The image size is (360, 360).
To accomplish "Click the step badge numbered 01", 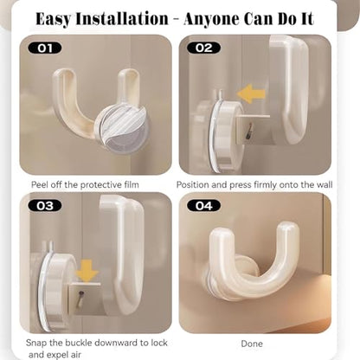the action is [x=45, y=48].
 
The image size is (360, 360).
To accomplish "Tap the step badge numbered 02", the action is [x=203, y=48].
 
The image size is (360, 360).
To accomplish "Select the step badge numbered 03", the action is [x=45, y=206].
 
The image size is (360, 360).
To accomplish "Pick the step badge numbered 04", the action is [x=203, y=206].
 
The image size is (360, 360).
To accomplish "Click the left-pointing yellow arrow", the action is [x=251, y=93].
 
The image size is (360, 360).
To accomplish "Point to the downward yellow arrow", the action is [x=87, y=271].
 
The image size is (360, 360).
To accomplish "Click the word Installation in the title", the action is [x=122, y=19].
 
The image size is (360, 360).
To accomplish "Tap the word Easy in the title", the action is [x=54, y=20].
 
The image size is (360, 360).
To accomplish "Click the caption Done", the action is [x=252, y=344].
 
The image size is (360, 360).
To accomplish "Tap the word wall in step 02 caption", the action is [x=325, y=184].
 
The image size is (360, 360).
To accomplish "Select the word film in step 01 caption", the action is [x=132, y=184].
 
